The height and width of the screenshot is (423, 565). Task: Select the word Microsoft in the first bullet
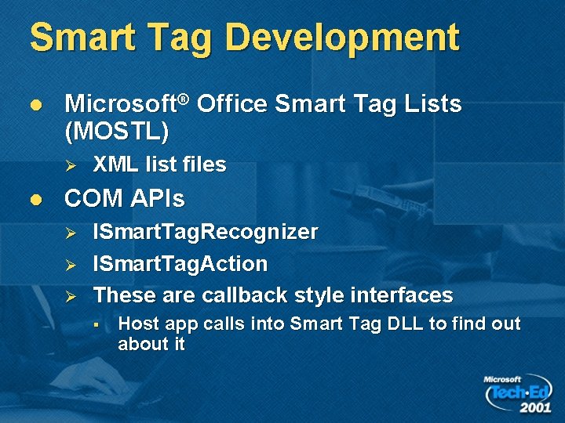tap(119, 104)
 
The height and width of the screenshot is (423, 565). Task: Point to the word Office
tap(232, 104)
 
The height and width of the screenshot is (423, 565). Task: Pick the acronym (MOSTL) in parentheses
tap(116, 131)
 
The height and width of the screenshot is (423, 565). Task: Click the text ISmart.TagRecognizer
tap(206, 233)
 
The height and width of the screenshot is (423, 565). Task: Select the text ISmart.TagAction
tap(180, 264)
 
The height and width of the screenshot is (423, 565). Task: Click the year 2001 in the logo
tap(534, 407)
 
